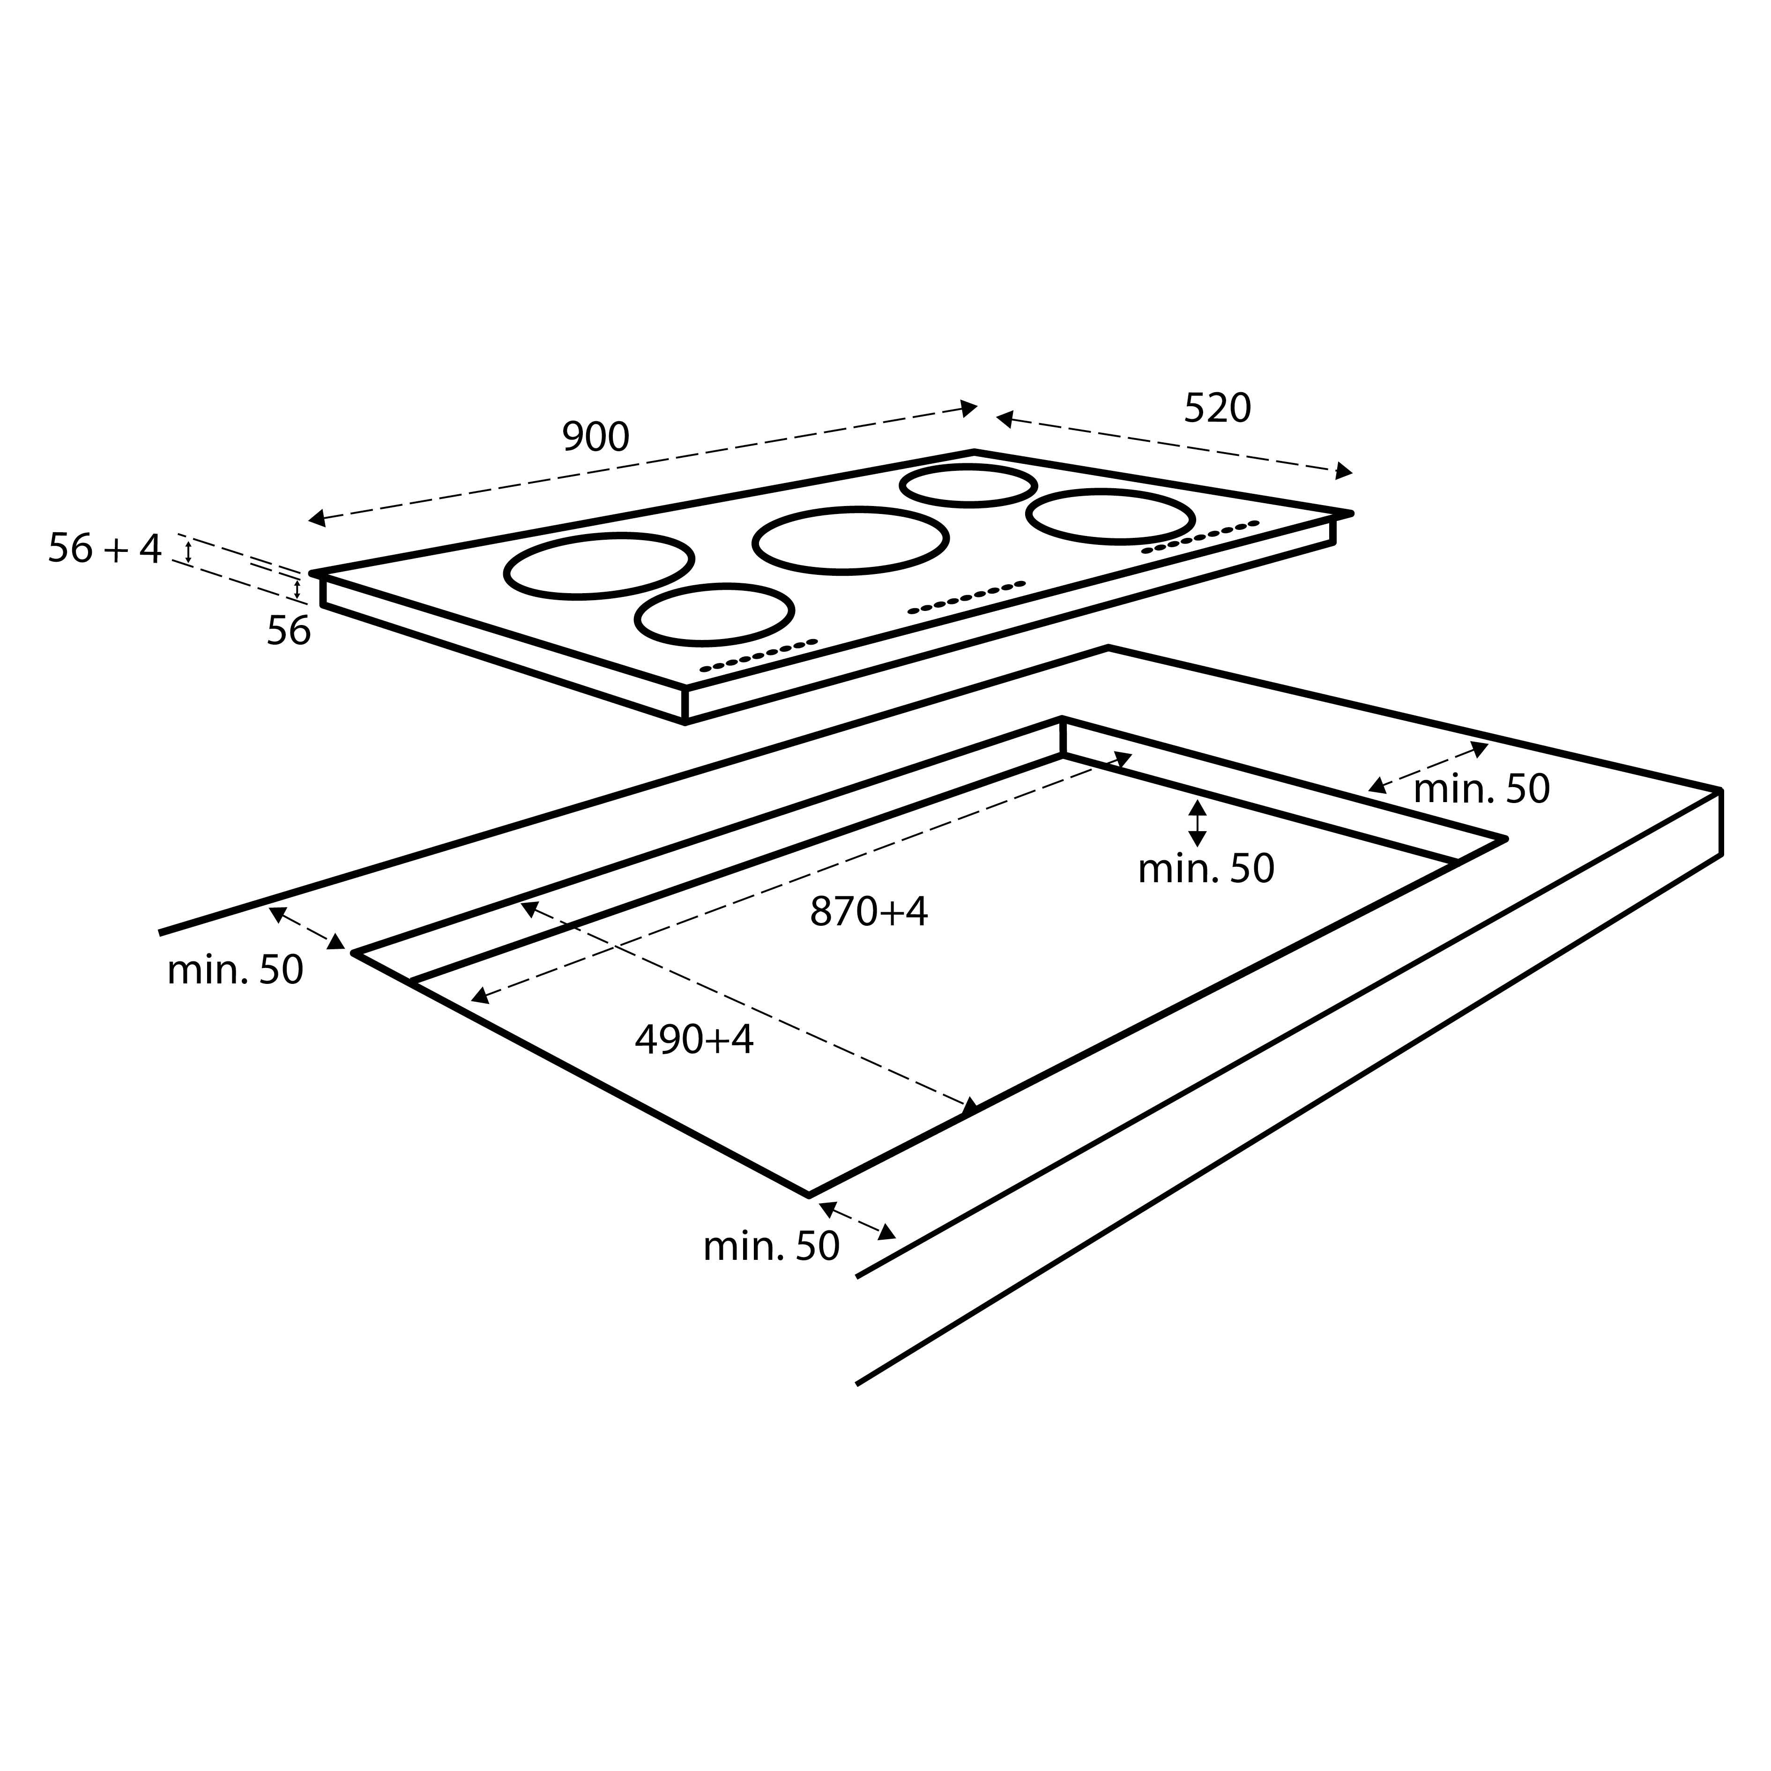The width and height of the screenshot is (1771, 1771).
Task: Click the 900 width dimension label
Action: click(x=596, y=437)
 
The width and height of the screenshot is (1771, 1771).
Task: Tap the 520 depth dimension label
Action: click(x=1217, y=409)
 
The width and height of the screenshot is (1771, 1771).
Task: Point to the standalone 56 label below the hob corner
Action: click(x=289, y=632)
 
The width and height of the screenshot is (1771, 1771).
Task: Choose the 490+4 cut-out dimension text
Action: click(x=694, y=1040)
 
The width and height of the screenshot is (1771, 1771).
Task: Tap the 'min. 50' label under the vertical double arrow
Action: click(x=1205, y=869)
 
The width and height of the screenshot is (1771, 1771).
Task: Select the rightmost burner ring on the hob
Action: click(x=1110, y=516)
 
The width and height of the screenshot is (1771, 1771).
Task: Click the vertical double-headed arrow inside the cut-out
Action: click(x=1197, y=823)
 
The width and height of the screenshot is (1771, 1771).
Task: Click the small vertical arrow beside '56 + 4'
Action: click(x=189, y=551)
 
